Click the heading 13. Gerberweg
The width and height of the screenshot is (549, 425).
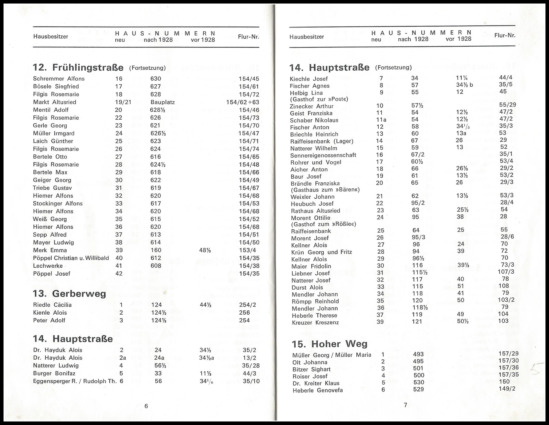tap(69, 294)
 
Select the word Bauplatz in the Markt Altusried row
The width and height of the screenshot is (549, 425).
tap(162, 102)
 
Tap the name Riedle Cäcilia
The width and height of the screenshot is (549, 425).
tap(52, 305)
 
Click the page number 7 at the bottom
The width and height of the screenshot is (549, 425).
tap(405, 405)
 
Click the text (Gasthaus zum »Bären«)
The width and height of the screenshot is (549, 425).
tap(325, 190)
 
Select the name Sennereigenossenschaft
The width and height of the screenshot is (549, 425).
tap(323, 155)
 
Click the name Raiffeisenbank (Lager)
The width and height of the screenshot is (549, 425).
tap(322, 141)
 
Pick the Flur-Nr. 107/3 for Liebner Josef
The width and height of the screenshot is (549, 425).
tap(506, 272)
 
